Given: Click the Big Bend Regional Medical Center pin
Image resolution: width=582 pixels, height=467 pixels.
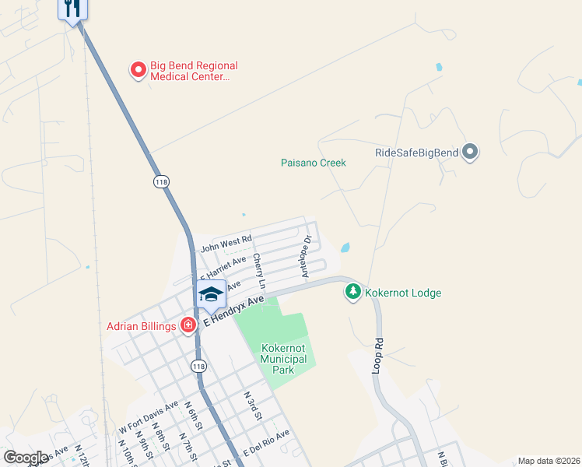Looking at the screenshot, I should [138, 70].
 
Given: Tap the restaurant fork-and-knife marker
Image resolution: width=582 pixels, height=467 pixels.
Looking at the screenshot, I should [72, 9].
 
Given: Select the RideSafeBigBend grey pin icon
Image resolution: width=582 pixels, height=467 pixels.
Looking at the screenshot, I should [469, 152].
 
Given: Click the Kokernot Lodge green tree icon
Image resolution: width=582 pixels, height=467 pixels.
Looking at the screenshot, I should [353, 292].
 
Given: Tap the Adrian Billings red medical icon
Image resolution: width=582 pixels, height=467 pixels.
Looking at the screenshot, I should [188, 325].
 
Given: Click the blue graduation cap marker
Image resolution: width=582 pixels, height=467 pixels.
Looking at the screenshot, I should [211, 293].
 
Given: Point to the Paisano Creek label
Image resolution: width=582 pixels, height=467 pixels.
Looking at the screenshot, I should [313, 163].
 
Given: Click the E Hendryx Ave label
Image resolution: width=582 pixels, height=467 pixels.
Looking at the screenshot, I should [234, 310].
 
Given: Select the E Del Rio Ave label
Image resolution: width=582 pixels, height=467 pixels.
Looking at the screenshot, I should [266, 442].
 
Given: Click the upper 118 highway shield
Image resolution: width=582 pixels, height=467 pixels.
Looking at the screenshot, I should [161, 181].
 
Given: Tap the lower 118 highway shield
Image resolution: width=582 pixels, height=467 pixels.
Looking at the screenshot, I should [200, 366].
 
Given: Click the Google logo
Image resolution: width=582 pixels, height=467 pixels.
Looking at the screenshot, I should [26, 458].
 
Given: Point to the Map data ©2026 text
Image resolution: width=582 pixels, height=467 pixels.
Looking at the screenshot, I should [548, 461].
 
